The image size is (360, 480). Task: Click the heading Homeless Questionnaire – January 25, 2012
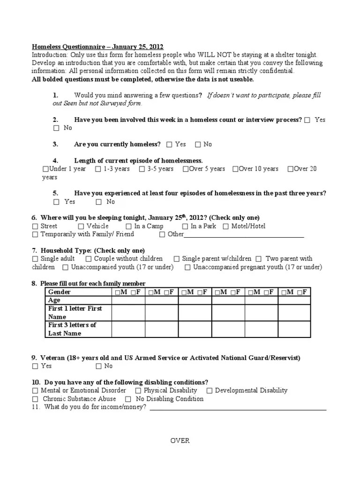click(97, 46)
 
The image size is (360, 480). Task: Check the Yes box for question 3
click(169, 145)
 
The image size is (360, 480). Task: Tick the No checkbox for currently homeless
click(198, 145)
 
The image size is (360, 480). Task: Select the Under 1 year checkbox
click(45, 169)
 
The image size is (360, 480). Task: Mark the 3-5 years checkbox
click(142, 169)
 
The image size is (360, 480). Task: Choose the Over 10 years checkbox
click(235, 169)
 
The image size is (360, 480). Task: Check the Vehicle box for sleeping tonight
click(82, 226)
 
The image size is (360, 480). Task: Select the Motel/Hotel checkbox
click(226, 226)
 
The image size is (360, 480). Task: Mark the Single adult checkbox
click(35, 259)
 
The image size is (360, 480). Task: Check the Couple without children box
click(89, 259)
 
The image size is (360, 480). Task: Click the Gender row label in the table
click(60, 292)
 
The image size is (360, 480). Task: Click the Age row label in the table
click(54, 300)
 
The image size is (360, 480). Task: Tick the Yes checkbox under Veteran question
click(35, 366)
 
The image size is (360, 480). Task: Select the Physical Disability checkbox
click(138, 390)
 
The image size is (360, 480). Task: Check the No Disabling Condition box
click(128, 399)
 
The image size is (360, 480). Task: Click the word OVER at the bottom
click(180, 441)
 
